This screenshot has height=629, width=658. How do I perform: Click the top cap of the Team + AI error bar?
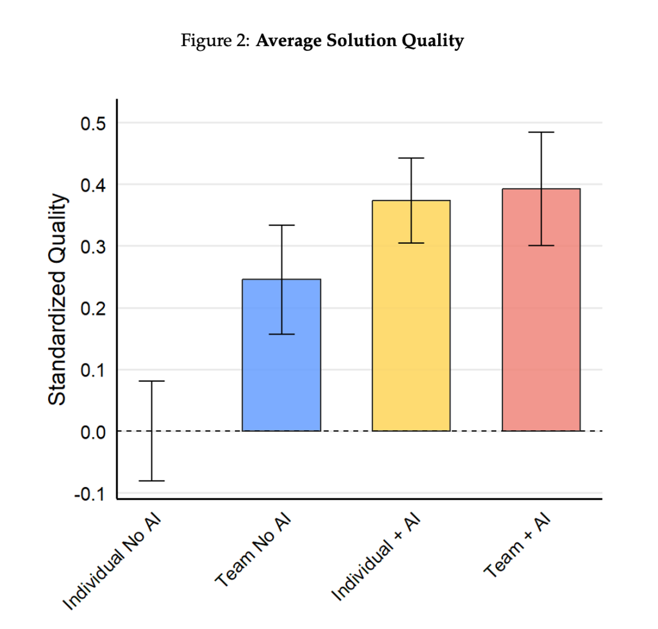point(541,132)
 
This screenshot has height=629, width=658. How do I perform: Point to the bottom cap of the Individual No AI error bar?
point(151,481)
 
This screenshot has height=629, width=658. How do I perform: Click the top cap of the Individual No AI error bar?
point(151,381)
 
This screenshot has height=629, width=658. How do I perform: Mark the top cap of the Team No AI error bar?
point(282,225)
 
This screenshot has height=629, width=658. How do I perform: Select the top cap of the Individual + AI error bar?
point(411,158)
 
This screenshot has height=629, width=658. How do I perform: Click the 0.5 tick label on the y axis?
point(93,124)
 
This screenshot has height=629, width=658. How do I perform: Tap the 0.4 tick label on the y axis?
point(93,185)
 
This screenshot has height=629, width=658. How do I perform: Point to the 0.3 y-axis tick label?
point(93,247)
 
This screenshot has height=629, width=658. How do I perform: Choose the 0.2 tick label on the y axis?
point(93,309)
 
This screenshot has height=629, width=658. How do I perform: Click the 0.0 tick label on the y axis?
point(93,433)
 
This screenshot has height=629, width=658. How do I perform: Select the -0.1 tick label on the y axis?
point(90,494)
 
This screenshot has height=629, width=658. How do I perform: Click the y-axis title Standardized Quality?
point(57,299)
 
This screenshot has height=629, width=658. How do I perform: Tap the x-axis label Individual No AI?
point(113,562)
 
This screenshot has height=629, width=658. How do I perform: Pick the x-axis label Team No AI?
point(253,551)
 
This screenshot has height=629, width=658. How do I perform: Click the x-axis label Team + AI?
point(517,546)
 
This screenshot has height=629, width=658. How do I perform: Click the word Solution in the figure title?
point(361,41)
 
